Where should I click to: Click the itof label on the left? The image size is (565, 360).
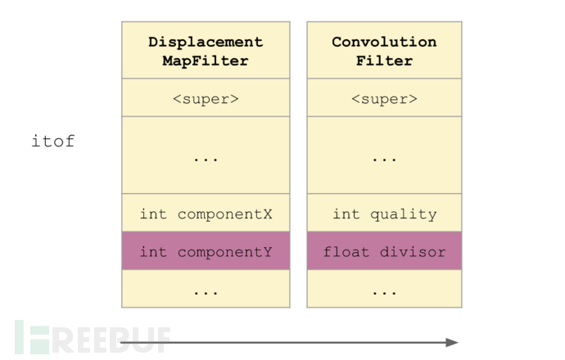coord(53,141)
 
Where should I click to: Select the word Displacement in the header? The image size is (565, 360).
coord(206,43)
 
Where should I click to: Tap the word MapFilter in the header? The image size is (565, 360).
coord(206,61)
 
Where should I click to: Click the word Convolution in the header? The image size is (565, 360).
coord(384,42)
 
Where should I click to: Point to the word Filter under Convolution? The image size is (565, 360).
coord(384,61)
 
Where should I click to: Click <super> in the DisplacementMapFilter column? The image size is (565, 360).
coord(206,99)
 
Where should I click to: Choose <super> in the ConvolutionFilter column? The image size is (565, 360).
coord(385,99)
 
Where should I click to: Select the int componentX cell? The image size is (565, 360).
coord(206,213)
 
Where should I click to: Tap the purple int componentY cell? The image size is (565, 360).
coord(206,251)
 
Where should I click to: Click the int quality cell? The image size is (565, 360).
coord(385,213)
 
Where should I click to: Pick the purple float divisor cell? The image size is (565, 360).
coord(385,251)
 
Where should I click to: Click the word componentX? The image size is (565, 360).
coord(225,214)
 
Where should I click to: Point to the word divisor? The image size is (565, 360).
coord(413,252)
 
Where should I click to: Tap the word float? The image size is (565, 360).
coord(346,252)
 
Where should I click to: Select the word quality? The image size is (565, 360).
coord(404,214)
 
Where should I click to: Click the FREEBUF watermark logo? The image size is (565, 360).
coord(93,337)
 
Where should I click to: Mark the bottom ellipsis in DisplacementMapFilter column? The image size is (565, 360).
coord(206,293)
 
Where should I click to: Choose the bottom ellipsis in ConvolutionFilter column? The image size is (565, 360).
coord(385,293)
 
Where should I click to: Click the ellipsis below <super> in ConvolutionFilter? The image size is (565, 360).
coord(385,159)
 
